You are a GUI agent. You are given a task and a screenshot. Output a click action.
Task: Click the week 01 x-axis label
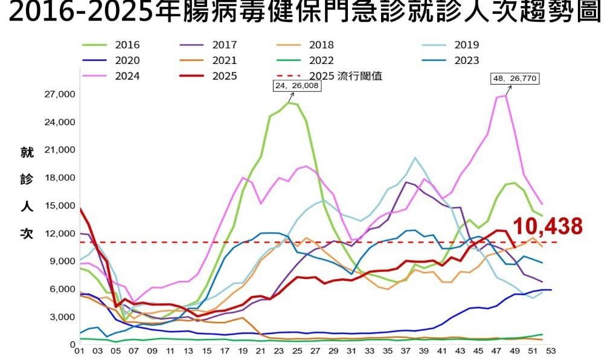(x=79, y=350)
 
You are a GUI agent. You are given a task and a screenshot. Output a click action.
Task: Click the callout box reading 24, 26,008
(x=297, y=86)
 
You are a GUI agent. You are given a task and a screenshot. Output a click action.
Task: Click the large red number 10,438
(x=548, y=227)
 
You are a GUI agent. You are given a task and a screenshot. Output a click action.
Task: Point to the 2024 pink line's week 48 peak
(x=506, y=95)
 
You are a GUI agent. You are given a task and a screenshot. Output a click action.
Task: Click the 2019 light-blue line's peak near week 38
(x=415, y=158)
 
